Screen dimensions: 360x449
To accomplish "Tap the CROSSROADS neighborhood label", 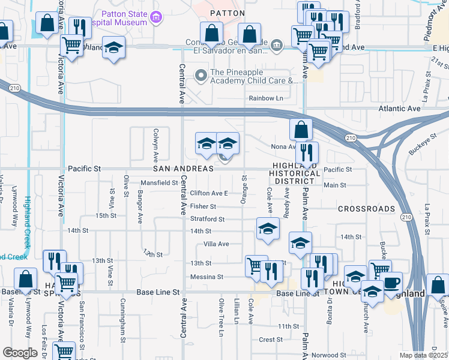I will [366, 209].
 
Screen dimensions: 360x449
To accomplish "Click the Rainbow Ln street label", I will [266, 98].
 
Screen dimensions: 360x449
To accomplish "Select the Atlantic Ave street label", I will [399, 109].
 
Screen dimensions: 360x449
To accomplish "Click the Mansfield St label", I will [160, 182].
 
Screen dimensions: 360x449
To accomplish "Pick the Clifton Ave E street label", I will [209, 193].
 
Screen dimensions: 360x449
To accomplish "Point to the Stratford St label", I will [207, 219].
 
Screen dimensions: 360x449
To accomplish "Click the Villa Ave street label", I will [216, 244].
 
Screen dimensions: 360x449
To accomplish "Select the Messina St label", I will [206, 277].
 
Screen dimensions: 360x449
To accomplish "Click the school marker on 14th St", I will [268, 227].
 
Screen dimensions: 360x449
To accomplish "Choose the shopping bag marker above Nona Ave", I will [301, 129].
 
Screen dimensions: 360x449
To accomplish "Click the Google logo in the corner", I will [20, 353].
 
